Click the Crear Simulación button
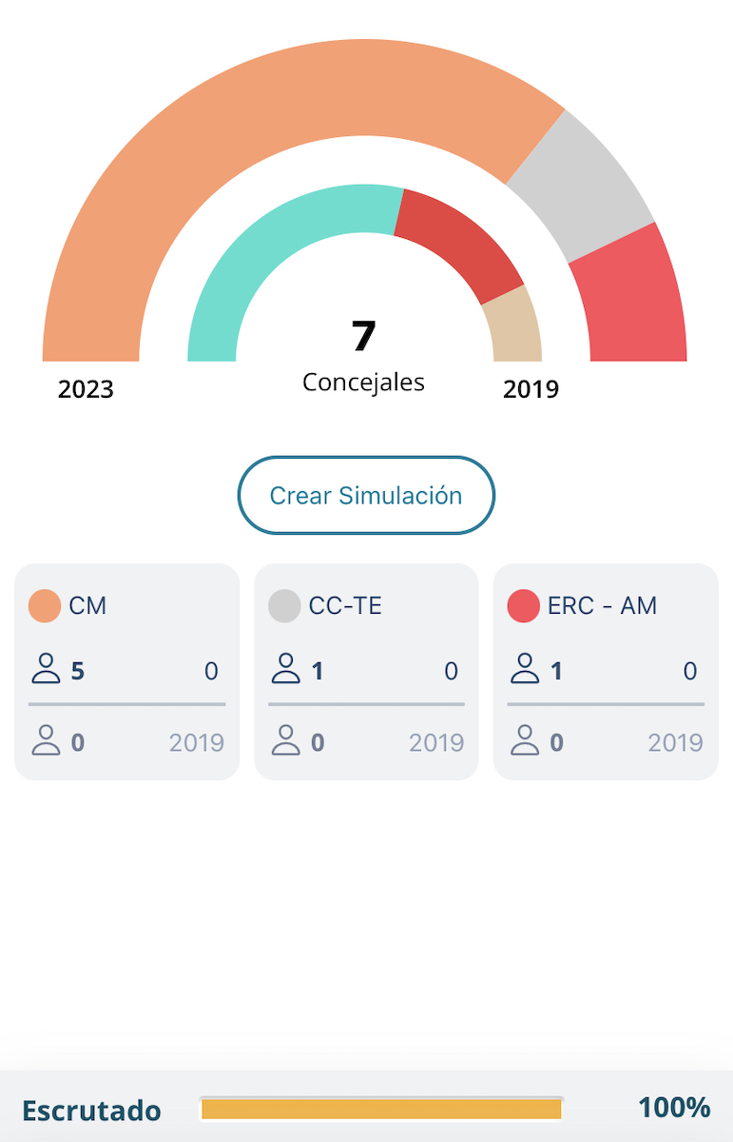coord(366,495)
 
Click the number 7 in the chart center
coord(364,336)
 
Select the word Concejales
coord(364,382)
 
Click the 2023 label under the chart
coord(86,389)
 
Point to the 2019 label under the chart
coord(530,389)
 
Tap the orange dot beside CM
coord(45,606)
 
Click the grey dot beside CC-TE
coord(284,606)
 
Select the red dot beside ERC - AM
coord(524,606)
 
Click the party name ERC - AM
coord(602,606)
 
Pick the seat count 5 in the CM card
coord(78,672)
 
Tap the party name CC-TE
coord(345,606)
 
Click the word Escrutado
coord(91,1111)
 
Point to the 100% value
coord(674,1108)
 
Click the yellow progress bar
coord(381,1109)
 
